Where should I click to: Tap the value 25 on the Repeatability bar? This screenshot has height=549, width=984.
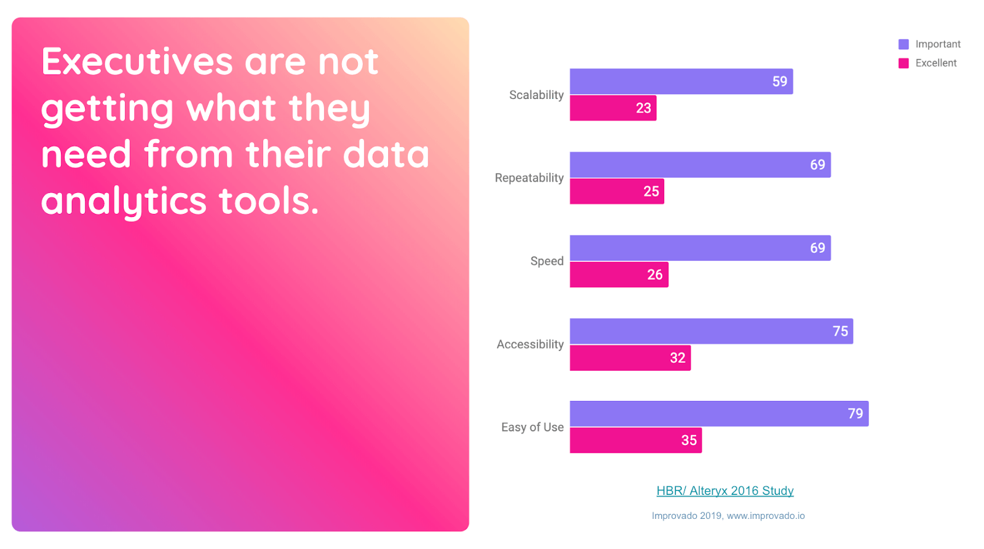[651, 191]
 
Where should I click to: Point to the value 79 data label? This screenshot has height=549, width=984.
[855, 414]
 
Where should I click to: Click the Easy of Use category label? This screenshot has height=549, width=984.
[532, 427]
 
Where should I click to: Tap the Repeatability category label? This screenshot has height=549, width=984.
[529, 178]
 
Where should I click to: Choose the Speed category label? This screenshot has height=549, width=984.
[547, 261]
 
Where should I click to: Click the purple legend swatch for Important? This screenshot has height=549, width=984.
[903, 44]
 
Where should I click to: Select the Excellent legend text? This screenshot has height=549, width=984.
[935, 63]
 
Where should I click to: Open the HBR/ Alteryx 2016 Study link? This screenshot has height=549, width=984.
[724, 491]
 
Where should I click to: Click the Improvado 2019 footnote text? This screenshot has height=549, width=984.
[728, 516]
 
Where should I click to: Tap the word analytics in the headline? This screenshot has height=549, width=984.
[123, 202]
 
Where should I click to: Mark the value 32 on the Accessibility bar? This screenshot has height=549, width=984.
[677, 358]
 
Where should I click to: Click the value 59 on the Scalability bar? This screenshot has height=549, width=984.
[779, 82]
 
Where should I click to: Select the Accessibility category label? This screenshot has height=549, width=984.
[530, 344]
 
